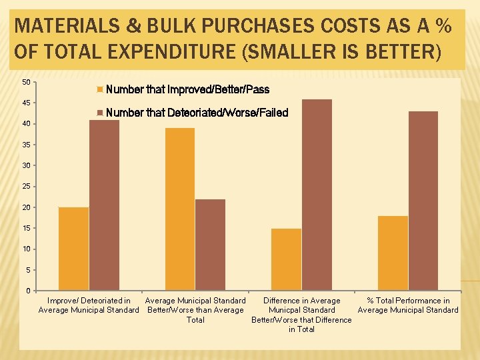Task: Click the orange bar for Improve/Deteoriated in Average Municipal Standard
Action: (73, 249)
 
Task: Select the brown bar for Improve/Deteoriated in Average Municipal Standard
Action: (104, 205)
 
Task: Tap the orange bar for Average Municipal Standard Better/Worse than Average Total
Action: (180, 209)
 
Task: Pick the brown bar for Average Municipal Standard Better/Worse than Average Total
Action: (210, 245)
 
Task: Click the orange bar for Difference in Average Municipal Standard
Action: (286, 259)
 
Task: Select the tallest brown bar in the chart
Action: (317, 195)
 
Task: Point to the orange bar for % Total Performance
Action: (393, 253)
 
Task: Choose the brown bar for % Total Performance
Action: (423, 201)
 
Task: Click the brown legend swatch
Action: (100, 113)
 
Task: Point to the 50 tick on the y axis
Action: (26, 82)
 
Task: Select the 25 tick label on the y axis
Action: (26, 186)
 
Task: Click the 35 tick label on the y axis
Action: (26, 145)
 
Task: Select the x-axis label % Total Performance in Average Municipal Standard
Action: (408, 305)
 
